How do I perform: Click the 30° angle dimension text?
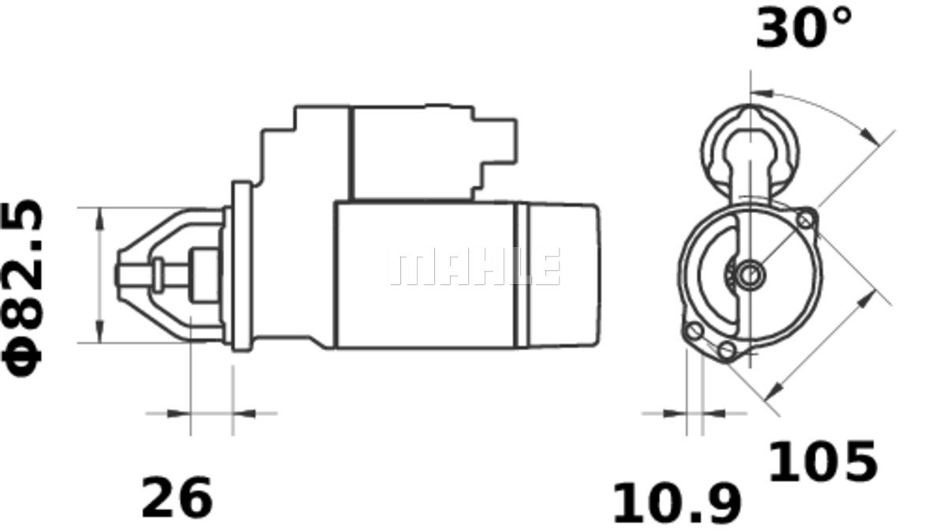pyautogui.click(x=803, y=29)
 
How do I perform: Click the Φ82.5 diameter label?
pyautogui.click(x=24, y=289)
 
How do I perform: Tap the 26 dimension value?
pyautogui.click(x=177, y=497)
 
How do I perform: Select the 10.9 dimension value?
pyautogui.click(x=677, y=504)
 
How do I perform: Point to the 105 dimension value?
pyautogui.click(x=822, y=462)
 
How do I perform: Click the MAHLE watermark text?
pyautogui.click(x=474, y=267)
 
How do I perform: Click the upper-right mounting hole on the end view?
pyautogui.click(x=806, y=219)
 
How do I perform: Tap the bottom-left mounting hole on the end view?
pyautogui.click(x=694, y=331)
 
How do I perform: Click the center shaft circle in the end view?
pyautogui.click(x=750, y=274)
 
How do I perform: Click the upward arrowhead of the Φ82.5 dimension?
pyautogui.click(x=99, y=217)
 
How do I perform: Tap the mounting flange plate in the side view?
pyautogui.click(x=241, y=265)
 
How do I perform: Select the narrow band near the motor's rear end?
pyautogui.click(x=521, y=275)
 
